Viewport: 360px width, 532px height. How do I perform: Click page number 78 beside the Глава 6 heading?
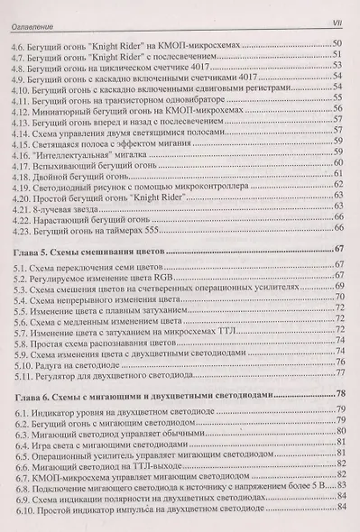[x=339, y=394]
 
